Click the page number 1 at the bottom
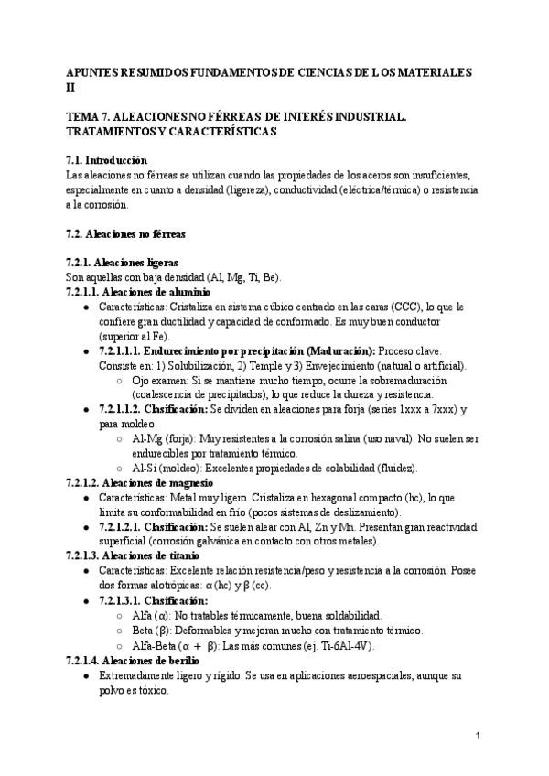coord(479,736)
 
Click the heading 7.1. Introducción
coord(107,159)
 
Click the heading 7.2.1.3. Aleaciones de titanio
coord(135,555)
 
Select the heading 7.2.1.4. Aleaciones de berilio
coord(134,659)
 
